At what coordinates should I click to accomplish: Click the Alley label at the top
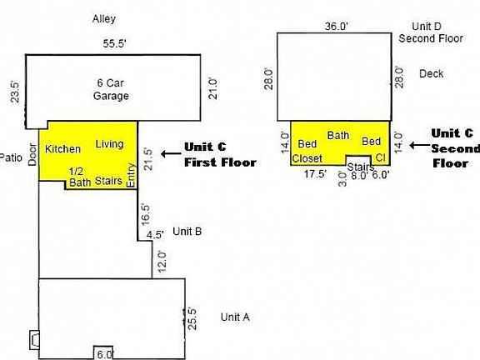click(x=104, y=17)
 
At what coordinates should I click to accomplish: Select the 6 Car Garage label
click(x=111, y=89)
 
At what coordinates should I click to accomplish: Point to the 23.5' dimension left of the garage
click(x=13, y=89)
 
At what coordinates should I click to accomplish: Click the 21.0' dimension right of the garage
click(x=212, y=87)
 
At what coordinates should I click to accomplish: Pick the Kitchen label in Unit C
click(x=62, y=149)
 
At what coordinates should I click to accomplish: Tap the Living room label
click(x=109, y=144)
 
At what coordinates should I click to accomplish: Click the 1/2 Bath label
click(x=80, y=177)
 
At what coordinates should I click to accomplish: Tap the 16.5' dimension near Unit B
click(x=147, y=215)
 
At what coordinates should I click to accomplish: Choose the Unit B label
click(x=187, y=232)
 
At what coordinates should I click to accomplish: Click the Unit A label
click(x=235, y=317)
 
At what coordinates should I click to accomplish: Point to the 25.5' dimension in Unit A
click(x=192, y=320)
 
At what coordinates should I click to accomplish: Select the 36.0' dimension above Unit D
click(x=336, y=26)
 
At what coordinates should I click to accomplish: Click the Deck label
click(x=432, y=73)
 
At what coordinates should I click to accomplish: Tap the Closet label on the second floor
click(x=307, y=157)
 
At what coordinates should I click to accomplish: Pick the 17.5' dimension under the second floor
click(x=314, y=174)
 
